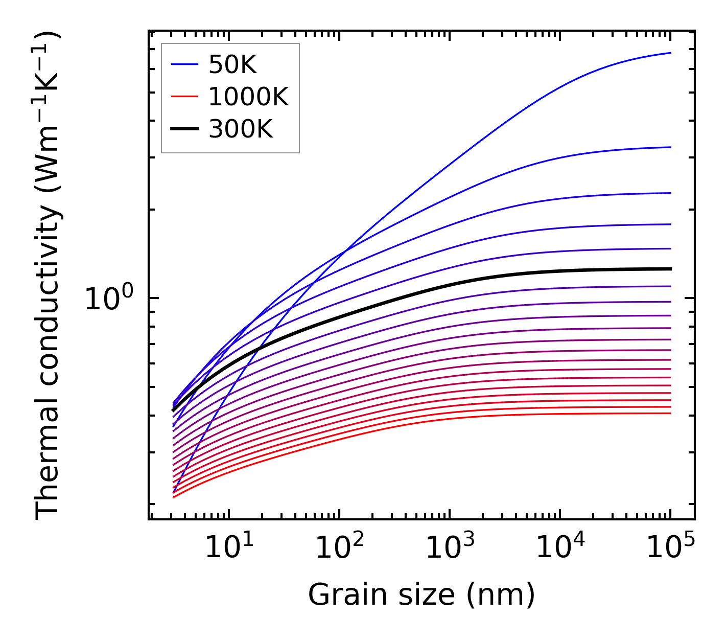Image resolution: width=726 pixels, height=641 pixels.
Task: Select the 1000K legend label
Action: pyautogui.click(x=248, y=97)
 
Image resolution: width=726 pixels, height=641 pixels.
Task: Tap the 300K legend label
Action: pyautogui.click(x=241, y=129)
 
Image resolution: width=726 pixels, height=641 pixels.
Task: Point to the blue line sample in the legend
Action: pyautogui.click(x=184, y=64)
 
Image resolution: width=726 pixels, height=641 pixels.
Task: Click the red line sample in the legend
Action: pyautogui.click(x=184, y=97)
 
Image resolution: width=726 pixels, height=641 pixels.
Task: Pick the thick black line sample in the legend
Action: pyautogui.click(x=184, y=129)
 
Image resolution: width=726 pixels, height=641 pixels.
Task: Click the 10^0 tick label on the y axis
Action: pyautogui.click(x=109, y=299)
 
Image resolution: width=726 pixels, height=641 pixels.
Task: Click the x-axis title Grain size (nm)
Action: pyautogui.click(x=421, y=594)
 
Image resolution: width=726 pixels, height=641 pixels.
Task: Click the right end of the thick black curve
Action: pyautogui.click(x=670, y=269)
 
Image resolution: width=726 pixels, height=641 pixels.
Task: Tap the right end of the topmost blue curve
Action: pyautogui.click(x=670, y=53)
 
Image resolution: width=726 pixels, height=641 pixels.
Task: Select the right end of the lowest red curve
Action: pyautogui.click(x=670, y=413)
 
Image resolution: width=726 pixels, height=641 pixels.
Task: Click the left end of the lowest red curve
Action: pyautogui.click(x=174, y=497)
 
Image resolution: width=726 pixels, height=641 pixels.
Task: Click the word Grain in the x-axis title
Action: pyautogui.click(x=334, y=594)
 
